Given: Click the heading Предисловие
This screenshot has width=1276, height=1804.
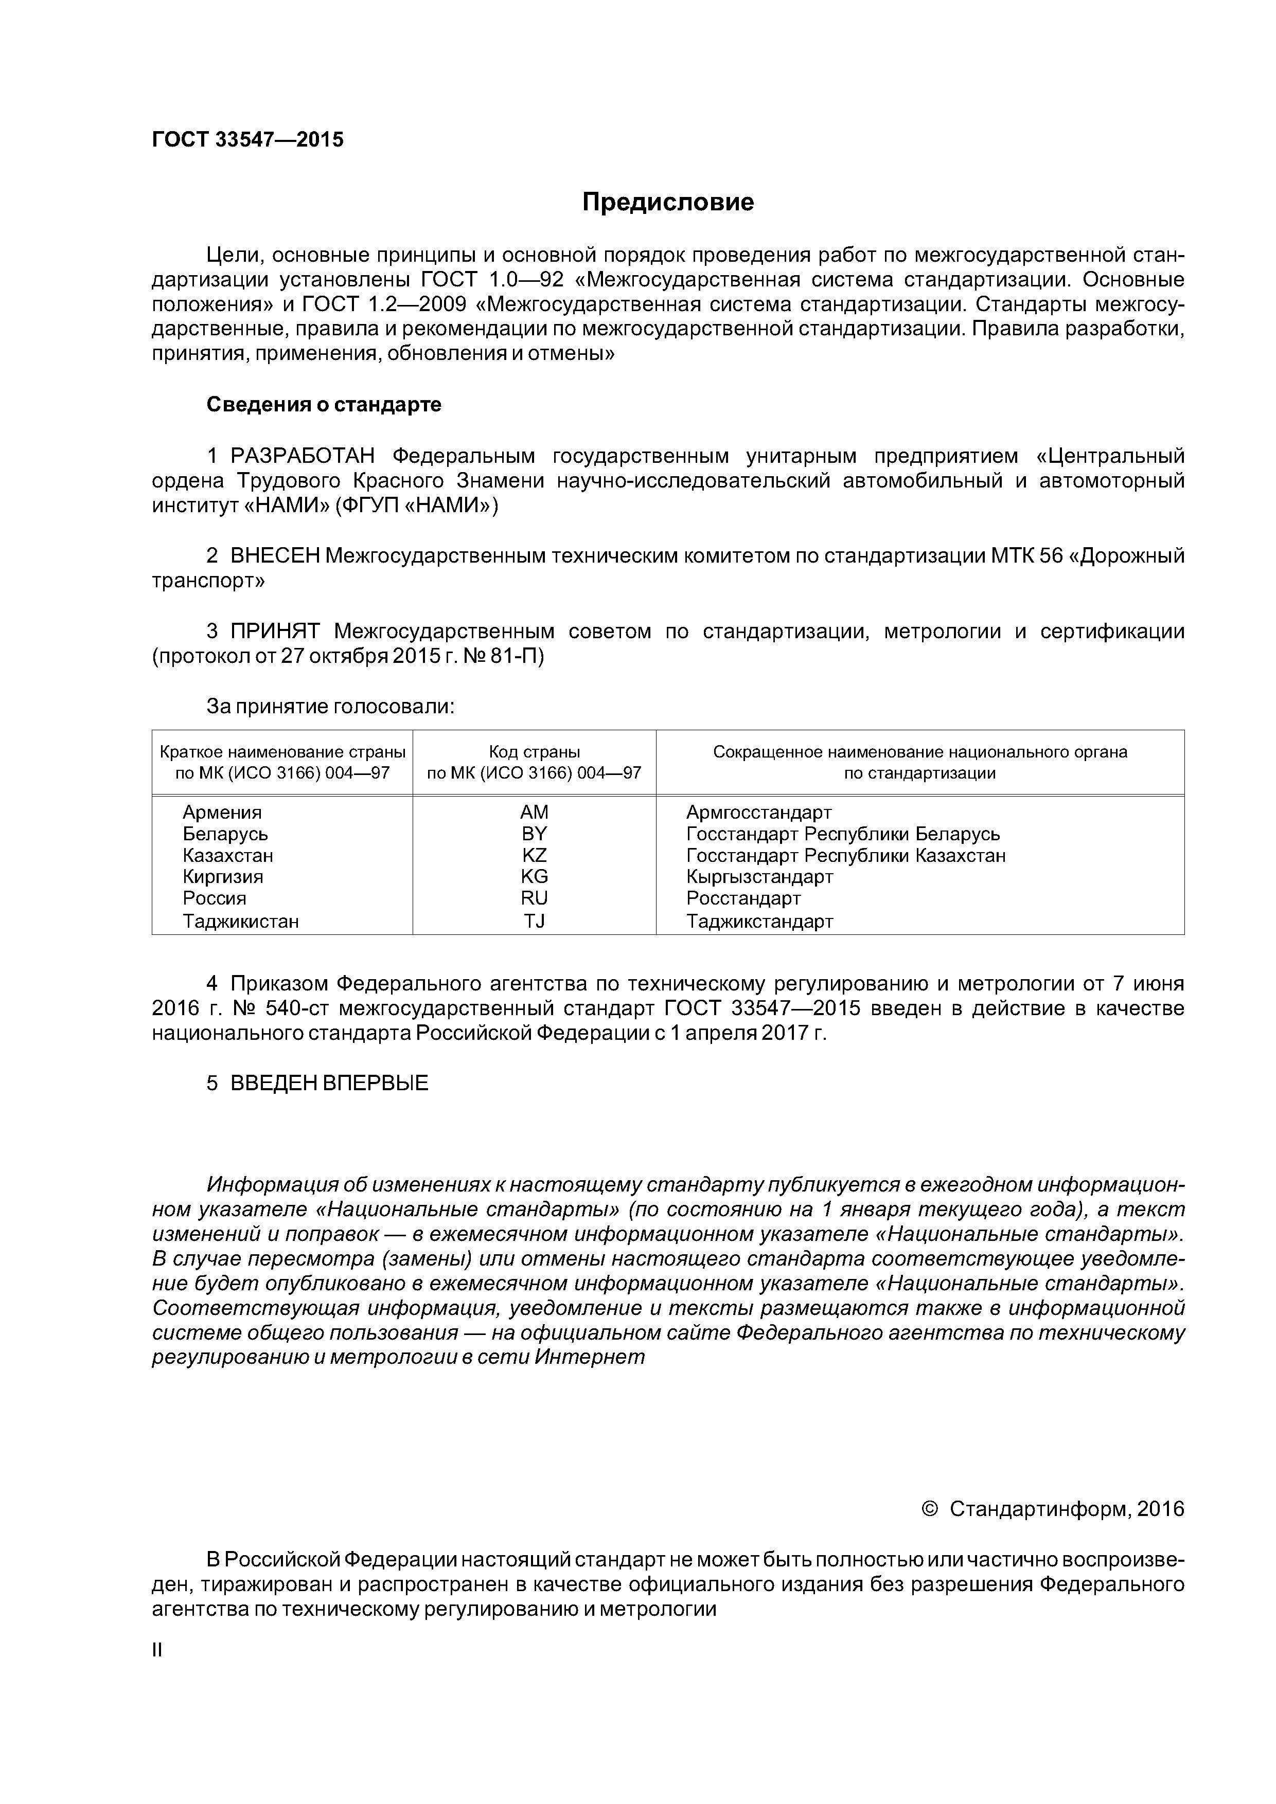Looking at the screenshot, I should [667, 203].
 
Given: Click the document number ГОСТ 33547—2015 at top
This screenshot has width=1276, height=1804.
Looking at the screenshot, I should [247, 140].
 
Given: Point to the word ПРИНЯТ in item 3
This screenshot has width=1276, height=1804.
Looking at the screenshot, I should [275, 632].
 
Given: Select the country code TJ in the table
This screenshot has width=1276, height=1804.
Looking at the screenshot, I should [534, 921].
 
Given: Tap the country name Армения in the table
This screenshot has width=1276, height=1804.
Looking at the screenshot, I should [222, 813].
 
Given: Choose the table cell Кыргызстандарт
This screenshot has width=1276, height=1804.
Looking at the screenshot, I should [759, 877].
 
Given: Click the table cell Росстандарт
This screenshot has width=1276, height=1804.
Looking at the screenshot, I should [743, 898].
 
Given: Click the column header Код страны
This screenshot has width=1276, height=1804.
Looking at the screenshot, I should [534, 752].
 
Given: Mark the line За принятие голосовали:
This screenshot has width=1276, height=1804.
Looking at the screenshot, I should [331, 707].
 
